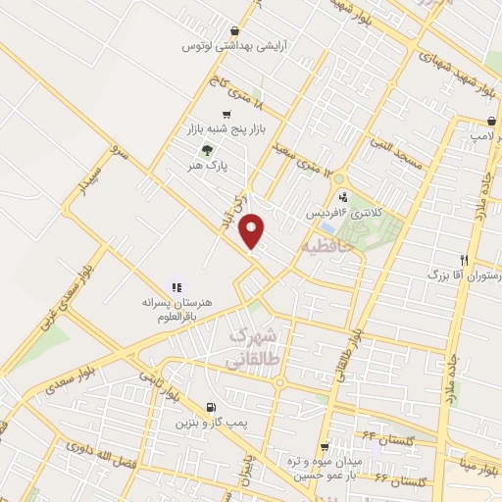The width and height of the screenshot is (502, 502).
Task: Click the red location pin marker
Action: click(x=253, y=230)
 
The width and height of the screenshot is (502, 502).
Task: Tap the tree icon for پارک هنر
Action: click(x=206, y=150)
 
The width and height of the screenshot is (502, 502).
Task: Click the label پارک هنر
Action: click(x=210, y=167)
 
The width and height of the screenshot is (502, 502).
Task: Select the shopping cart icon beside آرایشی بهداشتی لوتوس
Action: click(x=234, y=30)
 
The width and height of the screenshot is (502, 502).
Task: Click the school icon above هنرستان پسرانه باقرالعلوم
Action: click(x=176, y=287)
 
